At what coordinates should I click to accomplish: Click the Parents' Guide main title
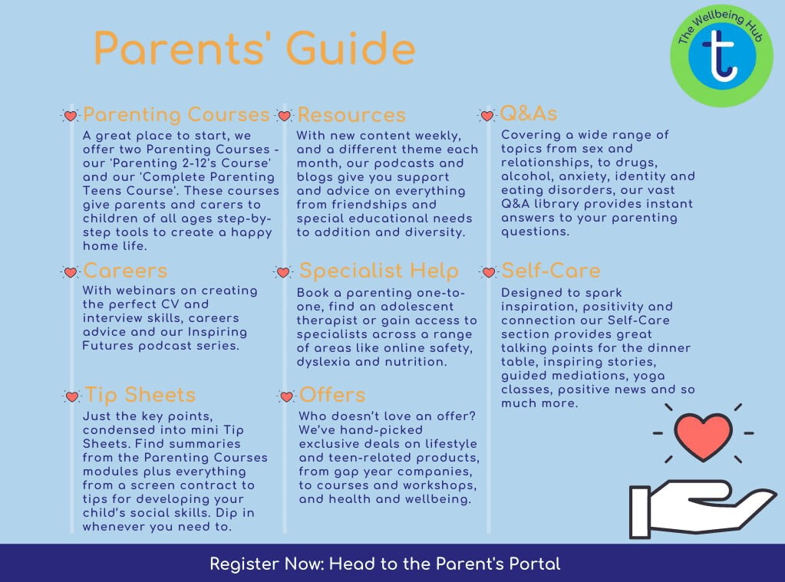[254, 48]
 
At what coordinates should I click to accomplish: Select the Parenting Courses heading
[176, 114]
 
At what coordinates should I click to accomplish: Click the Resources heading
[351, 115]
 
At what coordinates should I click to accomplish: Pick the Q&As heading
[529, 113]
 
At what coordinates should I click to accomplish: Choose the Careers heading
[125, 271]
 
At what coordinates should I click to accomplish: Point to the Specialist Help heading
[378, 271]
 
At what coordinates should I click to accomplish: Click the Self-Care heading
[551, 271]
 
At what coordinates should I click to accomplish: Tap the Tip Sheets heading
[140, 395]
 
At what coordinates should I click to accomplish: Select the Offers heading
[332, 395]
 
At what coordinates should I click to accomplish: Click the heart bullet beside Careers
[71, 272]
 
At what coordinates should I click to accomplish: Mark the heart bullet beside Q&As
[487, 116]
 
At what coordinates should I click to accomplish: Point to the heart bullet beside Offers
[286, 396]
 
